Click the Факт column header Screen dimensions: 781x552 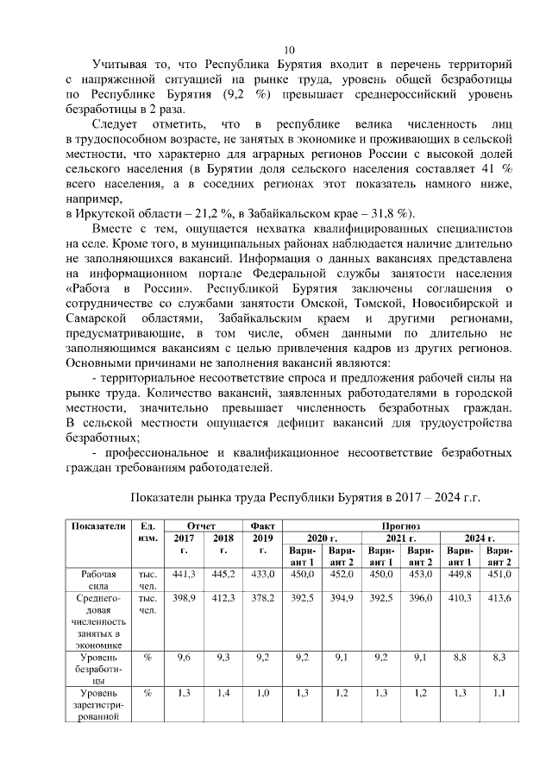(x=262, y=526)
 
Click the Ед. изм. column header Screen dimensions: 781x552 (x=147, y=532)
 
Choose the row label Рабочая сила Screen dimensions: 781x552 (x=98, y=579)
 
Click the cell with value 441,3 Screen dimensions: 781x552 (x=185, y=574)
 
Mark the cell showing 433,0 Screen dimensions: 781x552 (x=262, y=574)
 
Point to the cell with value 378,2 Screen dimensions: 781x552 (x=262, y=598)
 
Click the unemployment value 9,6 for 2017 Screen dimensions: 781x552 (x=185, y=658)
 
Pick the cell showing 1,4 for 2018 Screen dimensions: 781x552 (x=223, y=693)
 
